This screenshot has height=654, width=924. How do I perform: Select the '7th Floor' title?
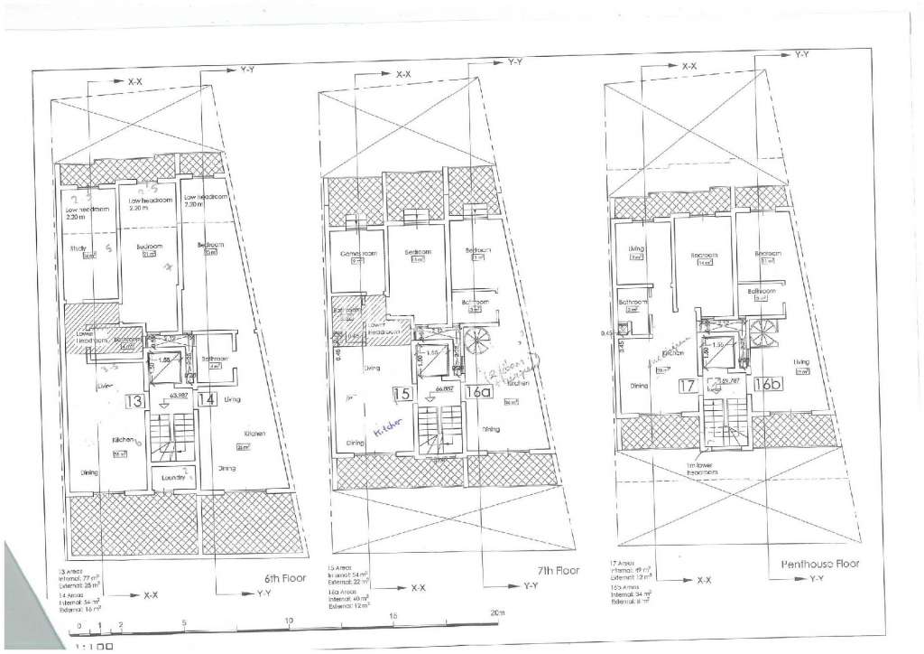click(x=557, y=572)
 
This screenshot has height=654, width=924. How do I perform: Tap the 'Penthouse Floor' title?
click(x=819, y=564)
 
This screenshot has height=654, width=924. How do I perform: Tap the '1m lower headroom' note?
click(x=701, y=468)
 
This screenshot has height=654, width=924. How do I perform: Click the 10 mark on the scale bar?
click(x=290, y=621)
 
